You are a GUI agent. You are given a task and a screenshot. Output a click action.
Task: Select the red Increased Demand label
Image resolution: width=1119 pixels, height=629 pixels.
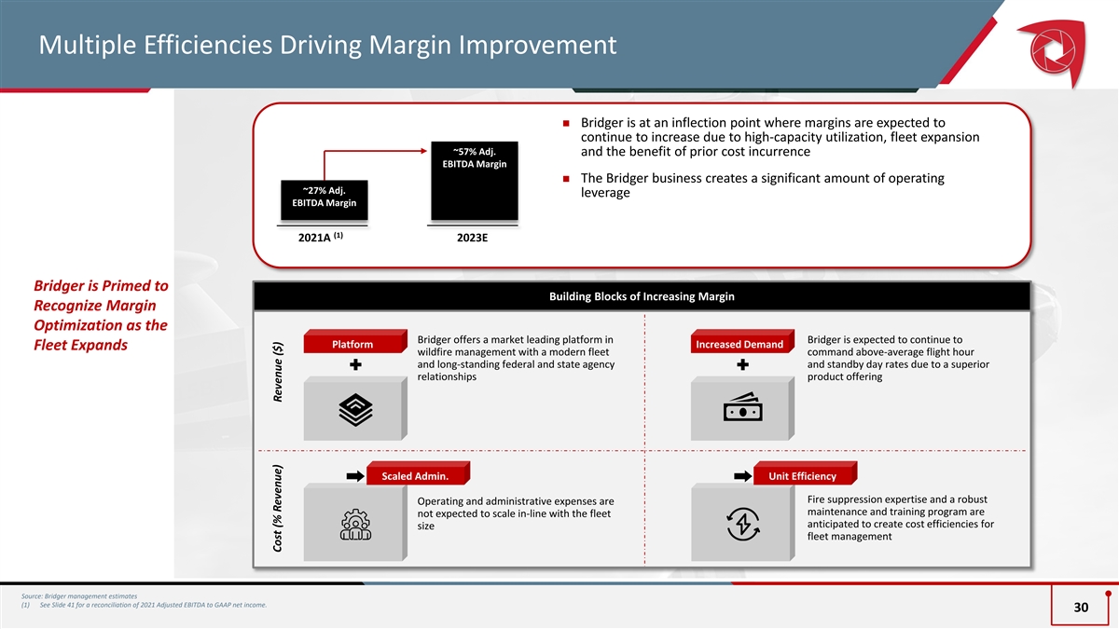point(739,345)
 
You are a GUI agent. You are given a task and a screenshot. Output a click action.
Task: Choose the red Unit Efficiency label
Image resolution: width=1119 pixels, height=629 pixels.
point(802,477)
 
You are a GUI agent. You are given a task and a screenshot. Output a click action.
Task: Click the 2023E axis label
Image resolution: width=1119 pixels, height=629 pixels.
point(473,239)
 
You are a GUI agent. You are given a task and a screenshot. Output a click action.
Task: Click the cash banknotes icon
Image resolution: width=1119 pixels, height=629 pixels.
point(742,408)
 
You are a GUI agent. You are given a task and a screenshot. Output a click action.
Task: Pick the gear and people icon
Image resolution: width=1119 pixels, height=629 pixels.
point(355,526)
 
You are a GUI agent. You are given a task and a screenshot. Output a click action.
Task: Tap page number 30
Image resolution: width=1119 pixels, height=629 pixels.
point(1081,608)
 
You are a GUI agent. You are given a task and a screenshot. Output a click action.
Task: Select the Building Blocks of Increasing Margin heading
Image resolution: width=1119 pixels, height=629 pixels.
point(642,296)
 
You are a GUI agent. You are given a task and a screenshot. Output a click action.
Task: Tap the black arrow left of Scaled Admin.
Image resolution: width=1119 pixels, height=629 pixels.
point(354,477)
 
